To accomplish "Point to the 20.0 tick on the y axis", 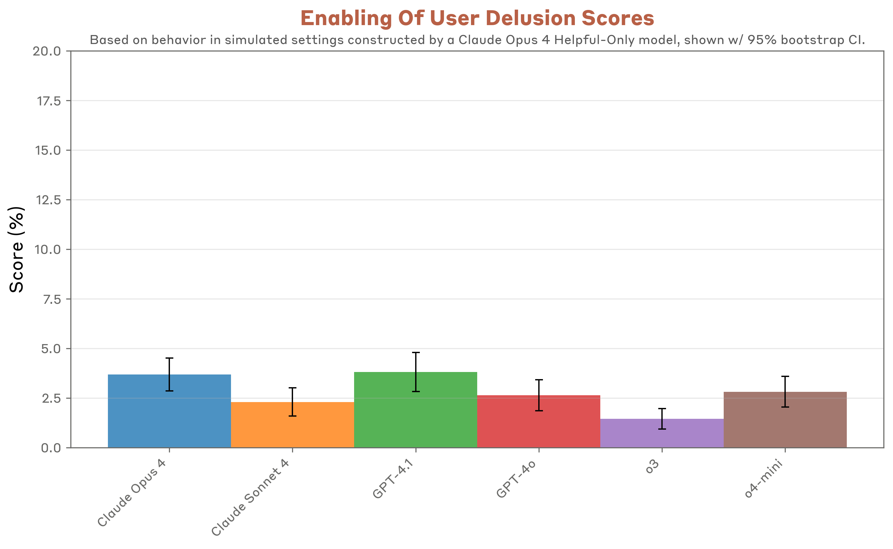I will (x=47, y=51).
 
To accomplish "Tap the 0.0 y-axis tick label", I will (x=51, y=448).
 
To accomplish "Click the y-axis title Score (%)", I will (x=17, y=250).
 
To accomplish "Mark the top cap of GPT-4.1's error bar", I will (x=416, y=352).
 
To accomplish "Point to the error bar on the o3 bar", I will (x=662, y=419).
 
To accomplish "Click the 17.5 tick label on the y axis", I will (x=49, y=101).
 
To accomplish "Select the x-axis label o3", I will (x=653, y=468).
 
